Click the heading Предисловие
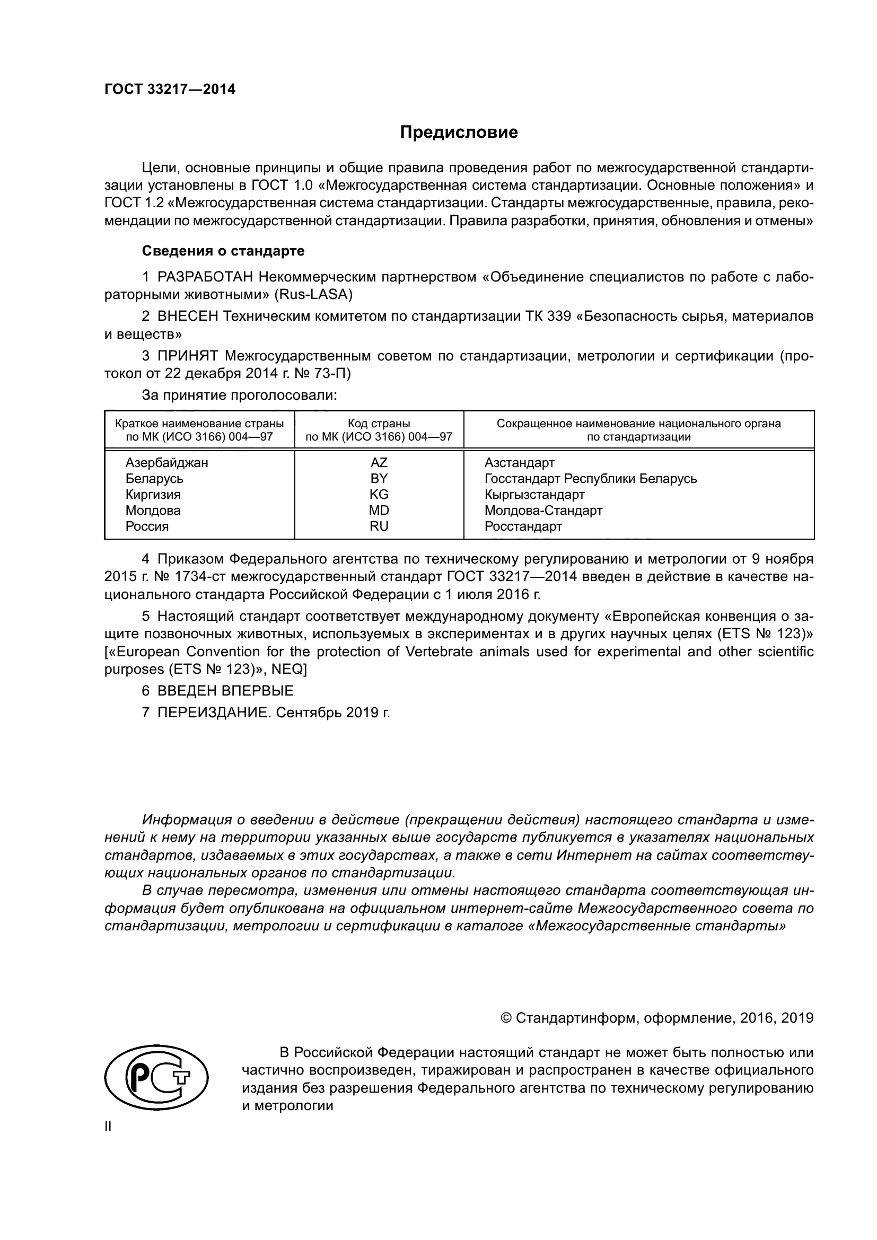point(459,133)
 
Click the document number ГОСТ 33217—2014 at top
point(170,90)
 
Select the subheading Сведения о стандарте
point(223,251)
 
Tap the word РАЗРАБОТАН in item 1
point(205,277)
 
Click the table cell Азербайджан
point(166,463)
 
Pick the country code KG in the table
point(379,495)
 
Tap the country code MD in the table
point(379,511)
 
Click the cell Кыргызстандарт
point(534,495)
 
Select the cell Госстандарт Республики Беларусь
point(590,479)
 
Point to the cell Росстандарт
point(523,526)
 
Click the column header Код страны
point(379,424)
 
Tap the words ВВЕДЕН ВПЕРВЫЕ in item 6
point(225,691)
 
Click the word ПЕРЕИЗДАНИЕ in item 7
point(213,713)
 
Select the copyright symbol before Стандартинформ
point(506,1018)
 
